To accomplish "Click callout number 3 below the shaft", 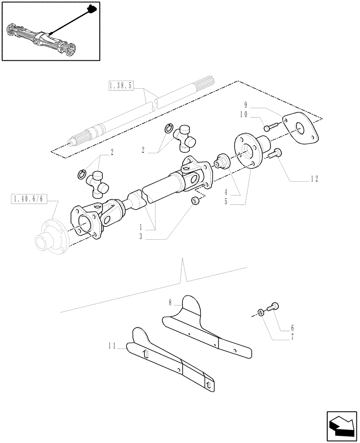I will point(140,237).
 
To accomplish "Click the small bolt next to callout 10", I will point(268,128).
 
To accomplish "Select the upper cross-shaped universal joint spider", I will point(184,137).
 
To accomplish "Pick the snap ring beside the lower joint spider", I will point(82,174).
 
